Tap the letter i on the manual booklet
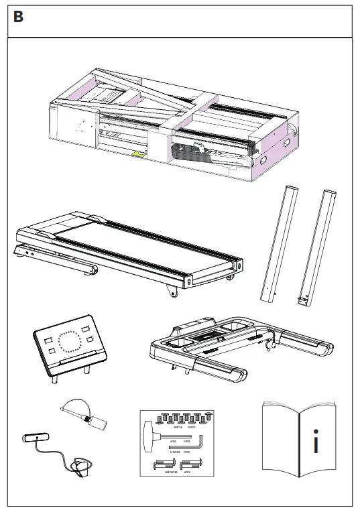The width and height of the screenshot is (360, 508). pyautogui.click(x=315, y=442)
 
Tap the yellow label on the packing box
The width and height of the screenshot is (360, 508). pyautogui.click(x=139, y=154)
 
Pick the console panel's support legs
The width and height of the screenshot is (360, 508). pyautogui.click(x=70, y=373)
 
